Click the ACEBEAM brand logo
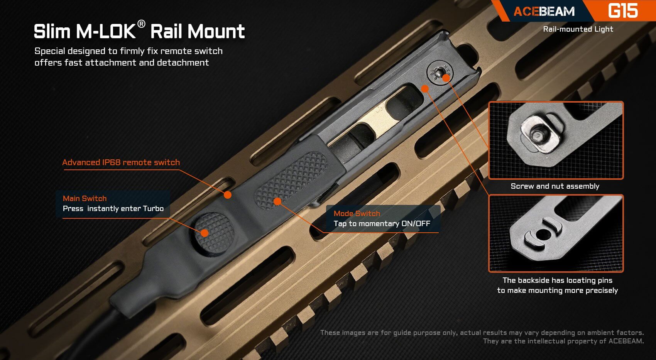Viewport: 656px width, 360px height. tap(544, 11)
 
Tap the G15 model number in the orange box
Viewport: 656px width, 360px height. tap(622, 11)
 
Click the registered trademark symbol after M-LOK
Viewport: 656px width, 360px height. tap(141, 24)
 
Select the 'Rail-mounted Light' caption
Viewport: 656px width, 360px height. tap(578, 29)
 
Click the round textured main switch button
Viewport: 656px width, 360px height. tap(213, 232)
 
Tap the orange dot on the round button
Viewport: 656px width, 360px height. tap(205, 233)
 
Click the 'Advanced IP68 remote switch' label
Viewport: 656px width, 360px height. tap(121, 162)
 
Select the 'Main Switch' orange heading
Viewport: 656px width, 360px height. tap(85, 198)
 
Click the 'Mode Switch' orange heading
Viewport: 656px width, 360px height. tap(357, 213)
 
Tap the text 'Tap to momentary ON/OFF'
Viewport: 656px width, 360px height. tap(382, 224)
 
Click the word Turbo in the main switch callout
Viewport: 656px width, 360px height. tap(153, 209)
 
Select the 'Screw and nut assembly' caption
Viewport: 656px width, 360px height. tap(555, 186)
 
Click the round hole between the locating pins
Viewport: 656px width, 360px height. tap(543, 234)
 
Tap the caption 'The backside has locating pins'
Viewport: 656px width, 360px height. tap(557, 281)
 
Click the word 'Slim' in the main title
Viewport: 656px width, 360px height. tap(51, 32)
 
